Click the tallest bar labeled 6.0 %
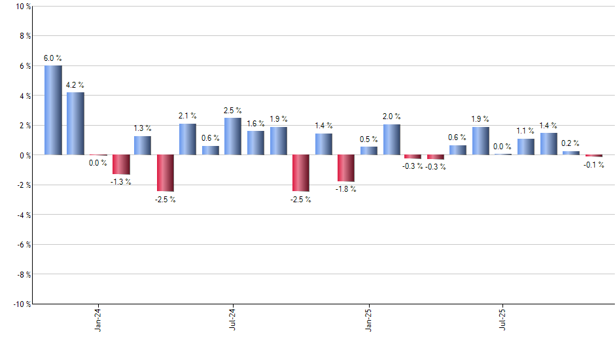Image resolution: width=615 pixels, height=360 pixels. point(53,110)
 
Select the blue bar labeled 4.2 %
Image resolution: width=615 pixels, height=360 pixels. point(75,124)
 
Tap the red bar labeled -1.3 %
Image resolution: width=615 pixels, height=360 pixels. point(120,164)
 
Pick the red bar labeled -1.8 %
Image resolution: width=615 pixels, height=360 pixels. point(345,168)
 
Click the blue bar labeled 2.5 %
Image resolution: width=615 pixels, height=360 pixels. point(233,136)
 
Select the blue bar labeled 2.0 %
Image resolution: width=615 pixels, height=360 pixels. point(391,139)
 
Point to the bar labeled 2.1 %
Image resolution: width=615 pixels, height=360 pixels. point(188,139)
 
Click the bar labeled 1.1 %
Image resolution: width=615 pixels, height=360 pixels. point(526,147)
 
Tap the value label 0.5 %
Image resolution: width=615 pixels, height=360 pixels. point(369,139)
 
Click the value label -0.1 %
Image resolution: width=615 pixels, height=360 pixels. point(594,164)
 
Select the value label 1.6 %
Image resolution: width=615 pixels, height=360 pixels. point(256,124)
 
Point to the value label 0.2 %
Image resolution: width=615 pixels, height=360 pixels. point(571,143)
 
